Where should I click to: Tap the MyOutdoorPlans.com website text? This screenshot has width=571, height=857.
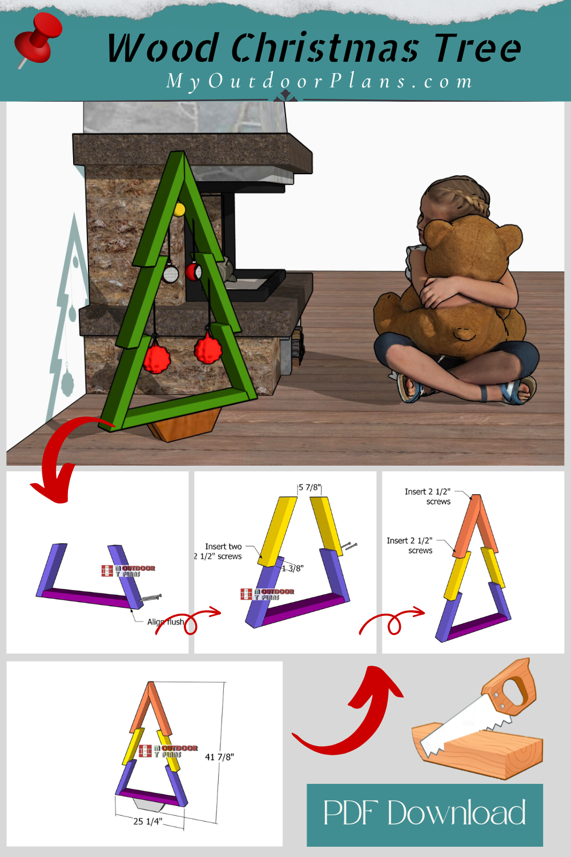[319, 81]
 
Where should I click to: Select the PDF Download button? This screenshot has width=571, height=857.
[424, 814]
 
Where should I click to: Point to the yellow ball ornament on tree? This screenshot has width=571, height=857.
[179, 209]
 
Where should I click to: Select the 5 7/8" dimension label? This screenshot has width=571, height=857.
[309, 487]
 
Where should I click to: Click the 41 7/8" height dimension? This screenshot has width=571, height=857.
[219, 757]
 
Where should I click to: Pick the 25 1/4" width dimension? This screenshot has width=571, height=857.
[148, 821]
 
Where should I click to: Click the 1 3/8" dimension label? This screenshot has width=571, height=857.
[293, 568]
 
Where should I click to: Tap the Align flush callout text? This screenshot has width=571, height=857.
[166, 622]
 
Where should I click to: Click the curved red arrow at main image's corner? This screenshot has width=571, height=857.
[60, 457]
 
